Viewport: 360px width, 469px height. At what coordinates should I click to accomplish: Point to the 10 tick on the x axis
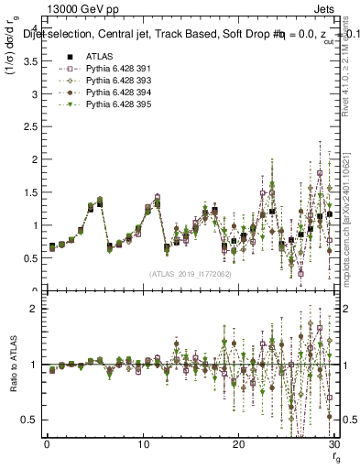click(x=142, y=444)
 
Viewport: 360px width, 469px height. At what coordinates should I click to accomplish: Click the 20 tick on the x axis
click(x=237, y=444)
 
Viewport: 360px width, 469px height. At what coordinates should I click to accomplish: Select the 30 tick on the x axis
click(x=333, y=444)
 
